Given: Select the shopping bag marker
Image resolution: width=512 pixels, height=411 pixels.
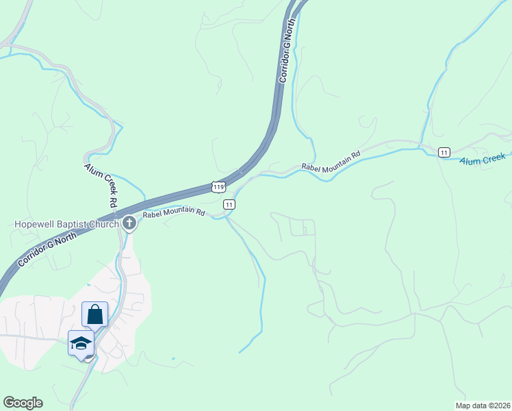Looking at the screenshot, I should click(95, 314).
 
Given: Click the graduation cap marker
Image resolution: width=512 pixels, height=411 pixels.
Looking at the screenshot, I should click(81, 342).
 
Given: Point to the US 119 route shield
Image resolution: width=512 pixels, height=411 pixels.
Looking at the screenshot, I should click(218, 186).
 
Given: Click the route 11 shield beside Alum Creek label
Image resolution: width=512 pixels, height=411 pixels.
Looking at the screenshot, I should click(445, 152).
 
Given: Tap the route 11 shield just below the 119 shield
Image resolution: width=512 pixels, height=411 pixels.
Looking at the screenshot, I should click(229, 204).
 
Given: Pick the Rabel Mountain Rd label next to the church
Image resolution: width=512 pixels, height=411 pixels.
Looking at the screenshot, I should click(174, 213).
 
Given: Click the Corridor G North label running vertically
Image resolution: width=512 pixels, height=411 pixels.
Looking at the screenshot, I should click(287, 51).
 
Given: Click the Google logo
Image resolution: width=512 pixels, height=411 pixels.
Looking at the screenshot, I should click(23, 403).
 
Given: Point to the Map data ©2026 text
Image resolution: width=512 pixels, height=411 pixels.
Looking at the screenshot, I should click(483, 406).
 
